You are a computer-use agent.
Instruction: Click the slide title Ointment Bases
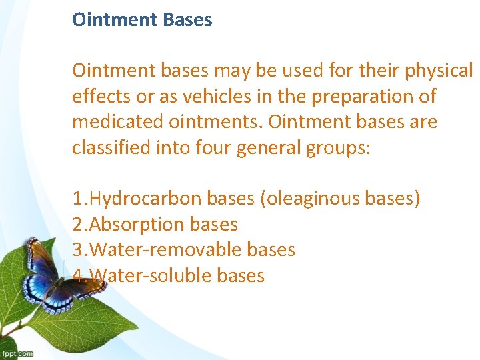tap(142, 19)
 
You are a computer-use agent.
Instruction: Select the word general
tap(269, 147)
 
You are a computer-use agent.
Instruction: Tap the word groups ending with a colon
tap(340, 147)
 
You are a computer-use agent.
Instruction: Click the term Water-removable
tap(165, 250)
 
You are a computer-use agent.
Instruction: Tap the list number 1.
tap(77, 199)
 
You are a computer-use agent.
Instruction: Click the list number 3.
tap(77, 250)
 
